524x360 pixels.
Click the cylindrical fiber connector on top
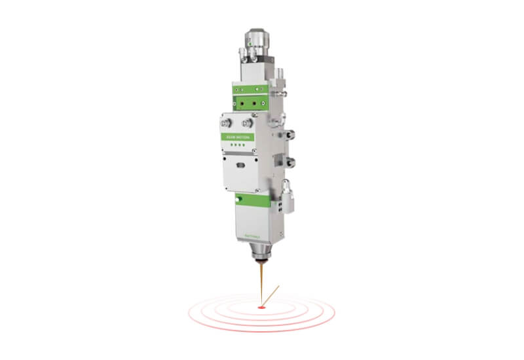tap(257, 41)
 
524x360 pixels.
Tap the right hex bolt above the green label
tap(247, 122)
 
